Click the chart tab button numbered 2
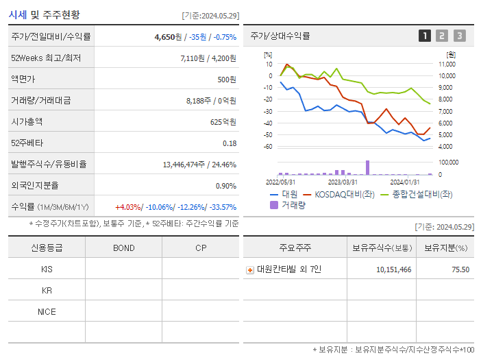coord(442,36)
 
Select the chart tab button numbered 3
coord(459,36)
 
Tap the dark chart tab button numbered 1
coord(425,36)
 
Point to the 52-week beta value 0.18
coord(230,143)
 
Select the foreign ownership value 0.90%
coord(225,186)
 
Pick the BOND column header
coord(123,248)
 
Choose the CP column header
coord(200,248)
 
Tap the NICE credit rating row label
coord(47,312)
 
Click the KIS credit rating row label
coord(47,269)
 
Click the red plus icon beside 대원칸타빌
coord(250,269)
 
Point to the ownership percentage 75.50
coord(460,269)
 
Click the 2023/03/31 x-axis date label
coord(343,182)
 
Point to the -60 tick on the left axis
coord(269,147)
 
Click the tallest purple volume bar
coord(368,167)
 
